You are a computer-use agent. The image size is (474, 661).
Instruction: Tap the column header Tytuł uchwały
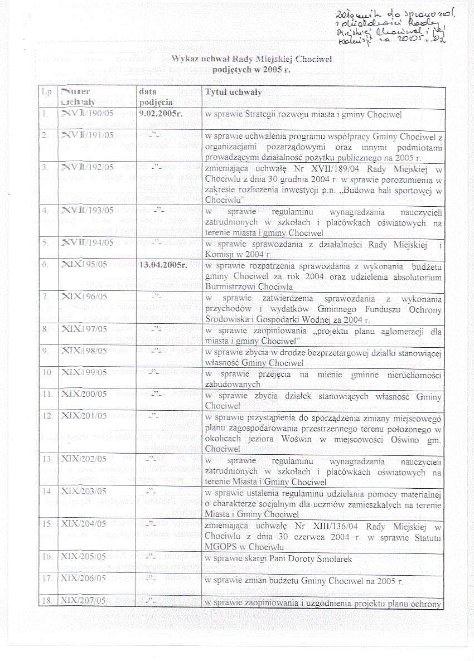(233, 92)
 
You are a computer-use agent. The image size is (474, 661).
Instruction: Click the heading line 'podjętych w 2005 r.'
(251, 71)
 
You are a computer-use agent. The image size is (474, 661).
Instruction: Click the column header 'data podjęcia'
(156, 97)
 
